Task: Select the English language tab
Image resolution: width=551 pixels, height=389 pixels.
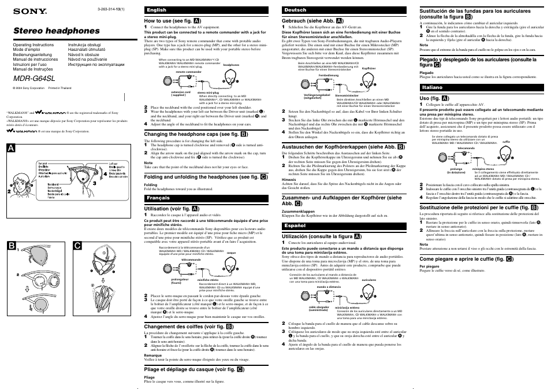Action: [x=157, y=10]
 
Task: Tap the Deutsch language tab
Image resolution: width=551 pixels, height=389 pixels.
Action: [x=296, y=10]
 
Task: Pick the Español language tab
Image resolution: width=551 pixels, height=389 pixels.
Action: [x=295, y=224]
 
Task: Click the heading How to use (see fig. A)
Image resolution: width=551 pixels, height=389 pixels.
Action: [x=173, y=21]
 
